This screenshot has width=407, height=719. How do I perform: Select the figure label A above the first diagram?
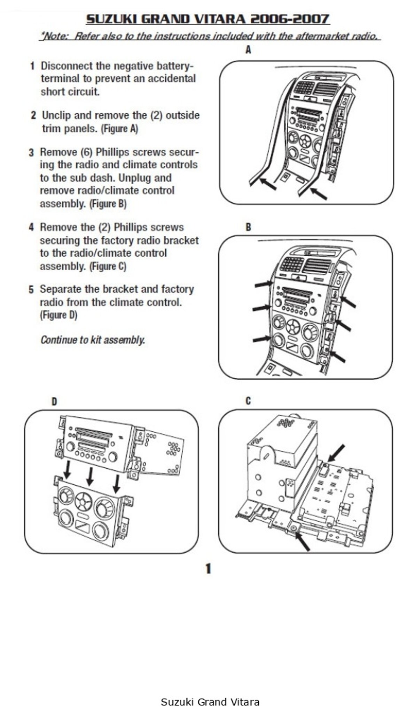[248, 50]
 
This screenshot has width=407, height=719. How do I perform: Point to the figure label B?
[248, 227]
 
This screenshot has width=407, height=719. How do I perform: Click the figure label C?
[248, 401]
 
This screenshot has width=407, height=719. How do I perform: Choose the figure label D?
[54, 402]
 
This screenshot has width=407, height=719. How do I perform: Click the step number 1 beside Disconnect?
[32, 66]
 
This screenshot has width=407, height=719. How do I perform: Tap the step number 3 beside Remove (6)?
[31, 152]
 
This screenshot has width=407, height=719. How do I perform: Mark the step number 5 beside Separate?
[31, 289]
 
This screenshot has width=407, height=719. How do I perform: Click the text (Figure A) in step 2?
[119, 129]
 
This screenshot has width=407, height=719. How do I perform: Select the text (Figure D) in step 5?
[58, 315]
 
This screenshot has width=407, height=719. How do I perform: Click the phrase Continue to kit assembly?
[93, 340]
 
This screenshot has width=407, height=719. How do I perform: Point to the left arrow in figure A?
[268, 184]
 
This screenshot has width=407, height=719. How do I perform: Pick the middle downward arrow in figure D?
[91, 476]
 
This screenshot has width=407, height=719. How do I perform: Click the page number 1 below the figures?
[208, 569]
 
